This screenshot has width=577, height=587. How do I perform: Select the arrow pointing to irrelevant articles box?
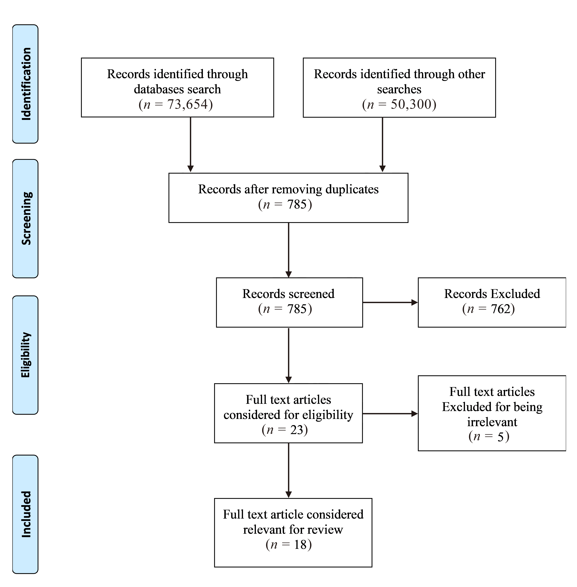[x=390, y=414]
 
